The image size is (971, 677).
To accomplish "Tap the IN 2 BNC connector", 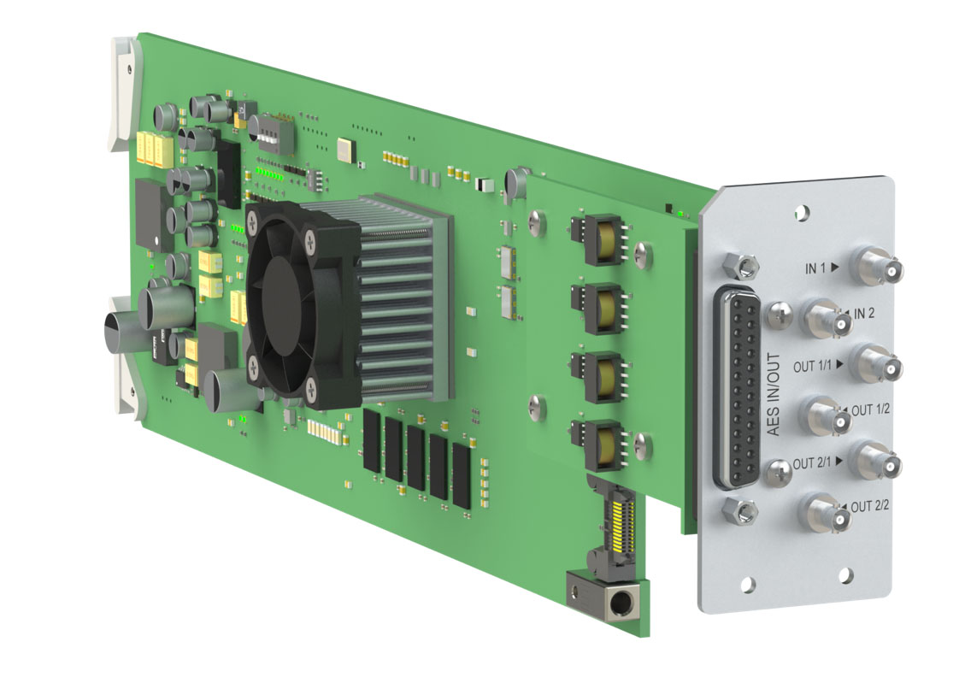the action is click(828, 318).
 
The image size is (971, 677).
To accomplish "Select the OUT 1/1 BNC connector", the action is click(875, 363).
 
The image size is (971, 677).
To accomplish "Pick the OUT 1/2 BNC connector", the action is click(828, 416).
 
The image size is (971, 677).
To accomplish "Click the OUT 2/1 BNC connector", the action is click(875, 460).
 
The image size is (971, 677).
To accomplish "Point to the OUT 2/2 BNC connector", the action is click(828, 514).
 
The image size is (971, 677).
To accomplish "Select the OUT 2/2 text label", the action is click(869, 506).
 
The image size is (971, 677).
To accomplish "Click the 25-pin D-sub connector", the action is click(737, 386).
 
